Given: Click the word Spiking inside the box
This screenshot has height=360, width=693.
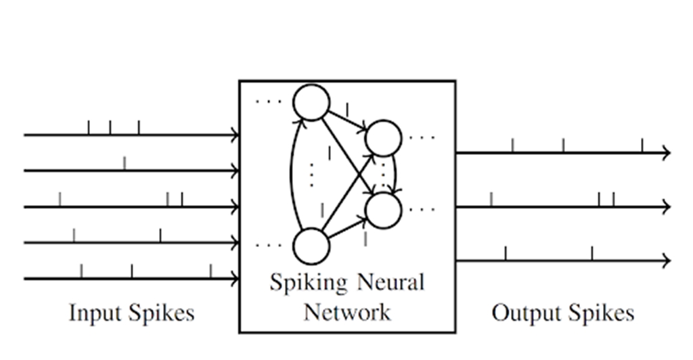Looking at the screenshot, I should pyautogui.click(x=302, y=282).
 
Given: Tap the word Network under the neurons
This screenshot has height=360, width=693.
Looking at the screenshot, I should pyautogui.click(x=346, y=312).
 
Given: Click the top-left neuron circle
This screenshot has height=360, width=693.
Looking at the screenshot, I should pyautogui.click(x=311, y=103).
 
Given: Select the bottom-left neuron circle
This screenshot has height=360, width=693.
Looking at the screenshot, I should pyautogui.click(x=311, y=246).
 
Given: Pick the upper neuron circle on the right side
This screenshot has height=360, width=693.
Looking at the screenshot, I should pyautogui.click(x=384, y=138).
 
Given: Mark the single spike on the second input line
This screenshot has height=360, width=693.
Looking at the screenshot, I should pyautogui.click(x=124, y=162).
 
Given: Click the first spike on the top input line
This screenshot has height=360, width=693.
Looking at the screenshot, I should pyautogui.click(x=89, y=127).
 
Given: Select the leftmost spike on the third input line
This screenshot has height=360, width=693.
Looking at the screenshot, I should pyautogui.click(x=60, y=199).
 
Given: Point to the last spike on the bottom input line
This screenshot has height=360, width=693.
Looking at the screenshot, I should pyautogui.click(x=210, y=271).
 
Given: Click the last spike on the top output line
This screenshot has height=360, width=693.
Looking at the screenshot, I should pyautogui.click(x=642, y=145).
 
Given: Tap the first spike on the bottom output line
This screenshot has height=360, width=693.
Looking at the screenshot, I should pyautogui.click(x=506, y=253).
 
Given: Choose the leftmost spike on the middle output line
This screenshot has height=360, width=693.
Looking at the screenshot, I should pyautogui.click(x=491, y=199).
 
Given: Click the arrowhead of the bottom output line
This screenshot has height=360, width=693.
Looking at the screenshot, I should pyautogui.click(x=667, y=261).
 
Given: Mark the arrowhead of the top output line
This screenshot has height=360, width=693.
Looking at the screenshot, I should pyautogui.click(x=667, y=153).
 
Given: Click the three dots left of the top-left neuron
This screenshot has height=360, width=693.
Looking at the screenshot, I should pyautogui.click(x=268, y=102).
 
